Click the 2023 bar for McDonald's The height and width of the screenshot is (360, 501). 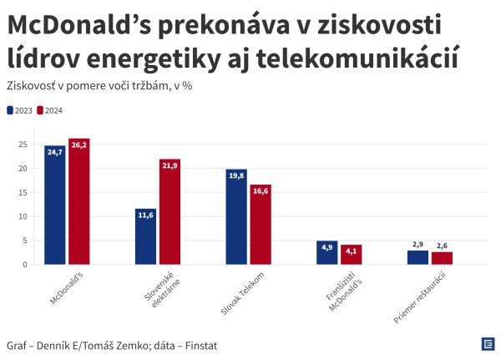(55, 205)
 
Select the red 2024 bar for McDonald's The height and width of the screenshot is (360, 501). (79, 201)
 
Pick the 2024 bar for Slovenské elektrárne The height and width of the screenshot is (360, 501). (170, 212)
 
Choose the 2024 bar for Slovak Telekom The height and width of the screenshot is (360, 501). (261, 225)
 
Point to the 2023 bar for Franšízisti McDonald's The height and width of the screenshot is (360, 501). (326, 253)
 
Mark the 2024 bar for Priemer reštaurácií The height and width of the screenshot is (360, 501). (442, 258)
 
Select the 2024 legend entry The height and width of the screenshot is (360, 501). (50, 110)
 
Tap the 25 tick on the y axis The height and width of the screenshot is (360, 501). (24, 145)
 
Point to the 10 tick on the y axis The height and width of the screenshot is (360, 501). (24, 216)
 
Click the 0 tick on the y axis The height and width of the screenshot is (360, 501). (26, 265)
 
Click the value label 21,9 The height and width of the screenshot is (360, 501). (170, 166)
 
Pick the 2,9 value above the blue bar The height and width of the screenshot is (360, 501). (417, 245)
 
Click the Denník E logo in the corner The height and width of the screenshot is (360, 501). (487, 343)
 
